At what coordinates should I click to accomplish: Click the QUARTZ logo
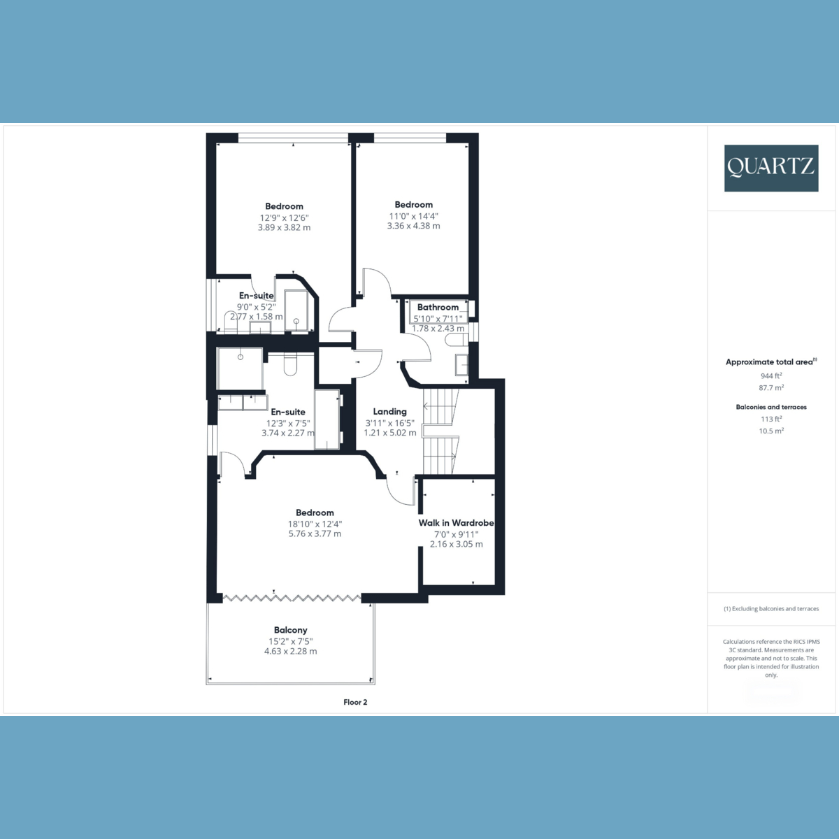pyautogui.click(x=770, y=168)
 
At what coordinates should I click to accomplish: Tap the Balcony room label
pyautogui.click(x=290, y=630)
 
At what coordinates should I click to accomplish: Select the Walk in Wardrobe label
pyautogui.click(x=456, y=523)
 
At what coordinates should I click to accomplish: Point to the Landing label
pyautogui.click(x=389, y=412)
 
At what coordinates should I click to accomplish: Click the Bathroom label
pyautogui.click(x=438, y=307)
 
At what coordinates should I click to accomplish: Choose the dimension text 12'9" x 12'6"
pyautogui.click(x=284, y=217)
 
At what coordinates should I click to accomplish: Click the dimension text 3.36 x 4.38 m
pyautogui.click(x=413, y=226)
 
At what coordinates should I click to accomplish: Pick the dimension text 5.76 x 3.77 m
pyautogui.click(x=315, y=533)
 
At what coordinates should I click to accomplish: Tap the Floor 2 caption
pyautogui.click(x=355, y=702)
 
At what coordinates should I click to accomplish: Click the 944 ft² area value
pyautogui.click(x=771, y=375)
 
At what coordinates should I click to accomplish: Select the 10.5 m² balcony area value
pyautogui.click(x=771, y=431)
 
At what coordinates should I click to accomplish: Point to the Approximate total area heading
pyautogui.click(x=770, y=362)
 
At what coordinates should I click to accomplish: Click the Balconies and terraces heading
pyautogui.click(x=771, y=407)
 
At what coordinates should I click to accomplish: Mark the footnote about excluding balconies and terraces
pyautogui.click(x=771, y=609)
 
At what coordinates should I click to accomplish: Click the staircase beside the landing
pyautogui.click(x=440, y=431)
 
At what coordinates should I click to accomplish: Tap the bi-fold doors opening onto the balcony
pyautogui.click(x=292, y=598)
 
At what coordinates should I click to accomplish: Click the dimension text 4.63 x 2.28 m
pyautogui.click(x=290, y=651)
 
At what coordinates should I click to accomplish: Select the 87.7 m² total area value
pyautogui.click(x=771, y=387)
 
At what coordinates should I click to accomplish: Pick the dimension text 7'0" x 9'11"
pyautogui.click(x=456, y=534)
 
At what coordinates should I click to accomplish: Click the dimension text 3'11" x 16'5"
pyautogui.click(x=389, y=423)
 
